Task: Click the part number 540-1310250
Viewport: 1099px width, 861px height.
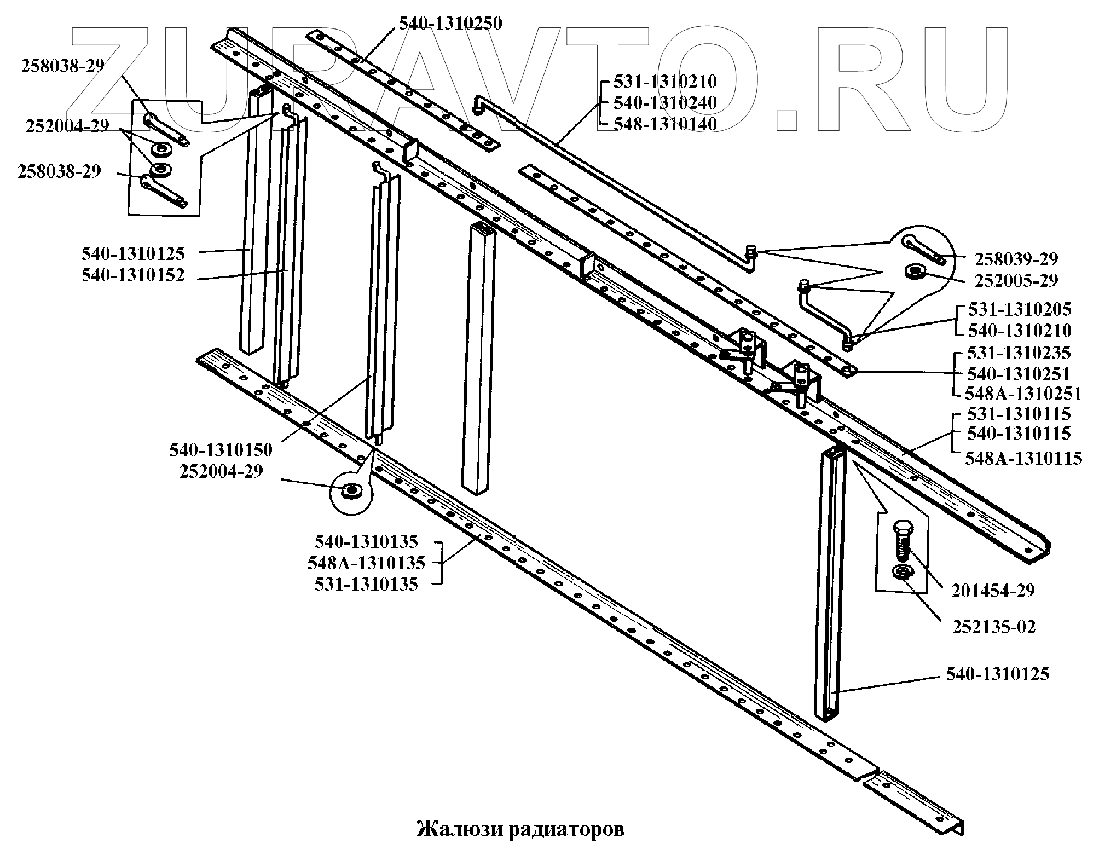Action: coord(450,24)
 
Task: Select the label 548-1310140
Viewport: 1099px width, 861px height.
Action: coord(665,124)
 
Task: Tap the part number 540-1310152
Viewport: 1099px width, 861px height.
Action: coord(133,275)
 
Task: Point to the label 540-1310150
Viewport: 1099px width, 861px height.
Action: coord(221,450)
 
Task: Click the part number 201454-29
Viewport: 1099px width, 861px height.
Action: coord(993,591)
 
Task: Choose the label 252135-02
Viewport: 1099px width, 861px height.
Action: coord(994,627)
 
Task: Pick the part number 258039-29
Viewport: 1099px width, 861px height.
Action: coord(1016,259)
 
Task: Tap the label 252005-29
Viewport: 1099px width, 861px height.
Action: coord(1016,280)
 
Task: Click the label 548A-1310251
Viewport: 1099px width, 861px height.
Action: coord(1023,394)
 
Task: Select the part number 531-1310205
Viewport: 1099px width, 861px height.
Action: coord(1020,309)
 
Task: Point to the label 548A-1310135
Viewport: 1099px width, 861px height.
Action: coord(366,563)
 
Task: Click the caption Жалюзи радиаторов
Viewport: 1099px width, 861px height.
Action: coord(520,829)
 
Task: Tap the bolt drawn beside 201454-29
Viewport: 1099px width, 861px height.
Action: coord(901,539)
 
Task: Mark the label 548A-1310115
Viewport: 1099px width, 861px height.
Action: coord(1023,458)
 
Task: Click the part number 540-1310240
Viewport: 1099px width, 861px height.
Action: coord(665,103)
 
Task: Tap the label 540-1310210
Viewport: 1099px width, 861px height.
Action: coord(1020,331)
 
